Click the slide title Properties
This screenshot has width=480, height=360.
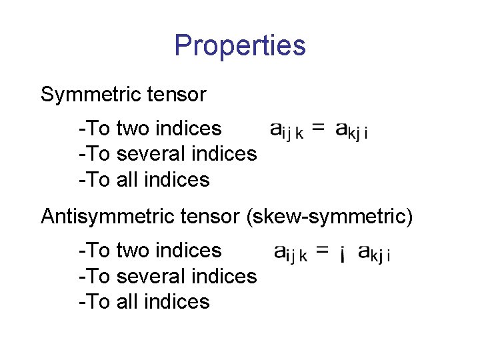coord(240,46)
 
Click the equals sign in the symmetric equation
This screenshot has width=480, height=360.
coord(319,128)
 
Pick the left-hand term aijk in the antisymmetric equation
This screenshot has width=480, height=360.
coord(291,253)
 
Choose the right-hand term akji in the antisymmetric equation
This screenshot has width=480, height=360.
coord(374,253)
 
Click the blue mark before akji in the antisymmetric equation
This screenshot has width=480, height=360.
coord(342,254)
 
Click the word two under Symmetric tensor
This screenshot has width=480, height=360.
coord(133,128)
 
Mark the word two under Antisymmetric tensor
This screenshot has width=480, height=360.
coord(133,251)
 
